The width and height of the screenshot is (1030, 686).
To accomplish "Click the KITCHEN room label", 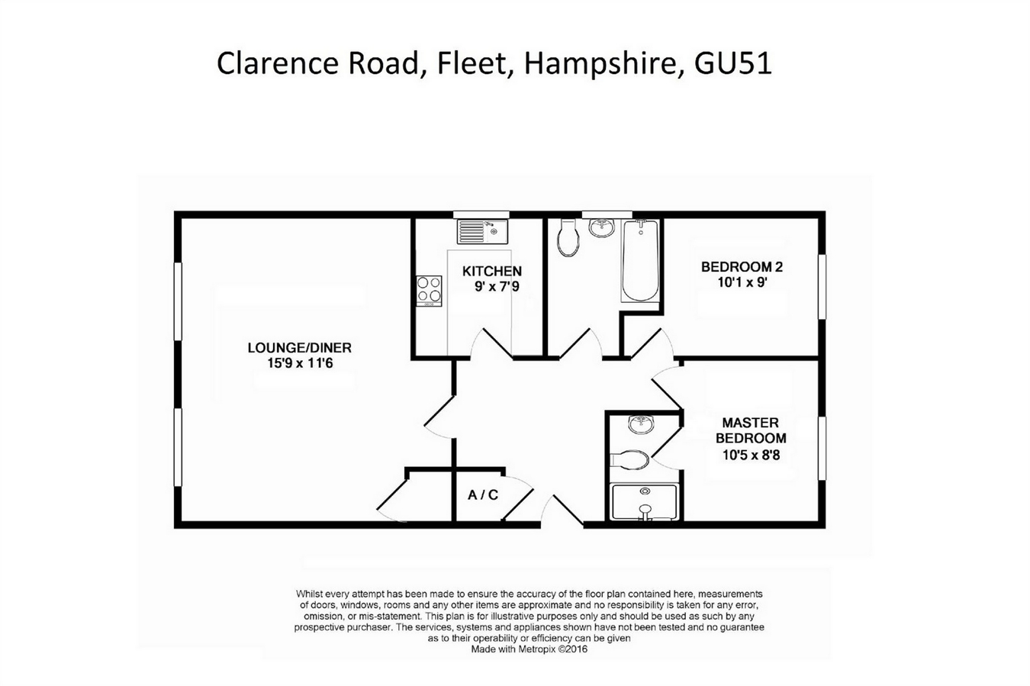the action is pos(492,271).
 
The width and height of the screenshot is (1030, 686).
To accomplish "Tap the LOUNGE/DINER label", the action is pos(299,348).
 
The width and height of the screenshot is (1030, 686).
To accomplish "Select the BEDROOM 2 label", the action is pos(742,267).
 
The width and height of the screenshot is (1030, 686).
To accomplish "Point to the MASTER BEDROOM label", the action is pos(750,430).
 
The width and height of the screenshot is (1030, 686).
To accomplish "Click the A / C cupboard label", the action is pos(483,495).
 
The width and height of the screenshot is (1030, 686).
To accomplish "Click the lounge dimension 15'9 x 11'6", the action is pos(299,364).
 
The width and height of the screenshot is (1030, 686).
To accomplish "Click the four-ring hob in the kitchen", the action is pos(429,291).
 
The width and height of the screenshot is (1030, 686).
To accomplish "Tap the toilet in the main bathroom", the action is pos(568,238).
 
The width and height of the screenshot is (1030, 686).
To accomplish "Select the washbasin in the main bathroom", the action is pos(603,227).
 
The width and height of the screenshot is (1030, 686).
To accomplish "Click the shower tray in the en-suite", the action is pos(645,501).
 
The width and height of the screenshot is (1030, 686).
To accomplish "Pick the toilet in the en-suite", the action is pos(630,459).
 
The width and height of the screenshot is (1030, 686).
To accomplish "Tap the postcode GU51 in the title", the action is pos(732,63).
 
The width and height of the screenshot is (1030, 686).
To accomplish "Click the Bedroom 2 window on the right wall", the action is pos(822,286).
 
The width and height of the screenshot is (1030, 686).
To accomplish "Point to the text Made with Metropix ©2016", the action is pos(529,649).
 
